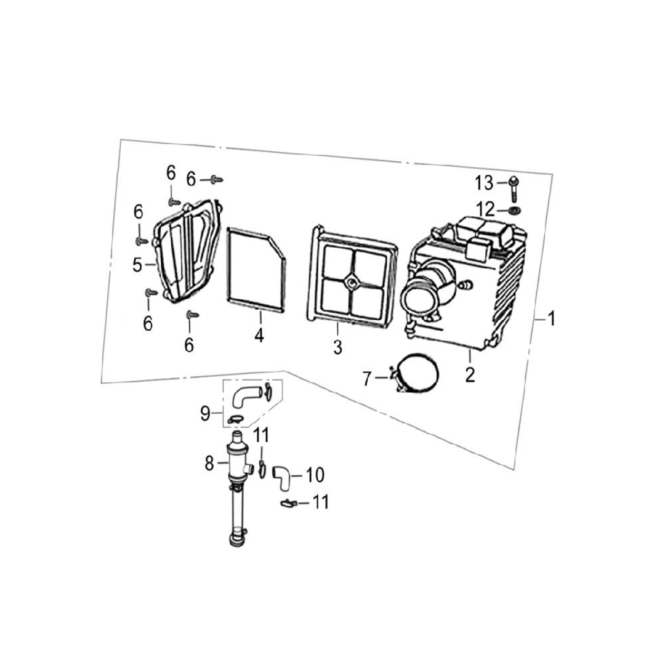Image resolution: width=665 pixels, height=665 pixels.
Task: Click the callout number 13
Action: point(484,183)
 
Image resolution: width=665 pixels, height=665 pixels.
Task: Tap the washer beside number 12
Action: point(515,210)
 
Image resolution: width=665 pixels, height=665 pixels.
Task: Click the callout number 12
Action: point(485,209)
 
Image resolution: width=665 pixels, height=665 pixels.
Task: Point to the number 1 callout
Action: point(551,318)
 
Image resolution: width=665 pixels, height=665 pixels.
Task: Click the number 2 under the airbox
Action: point(470,375)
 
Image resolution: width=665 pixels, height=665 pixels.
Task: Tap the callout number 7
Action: point(367,379)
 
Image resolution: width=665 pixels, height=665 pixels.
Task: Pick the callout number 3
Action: point(337,347)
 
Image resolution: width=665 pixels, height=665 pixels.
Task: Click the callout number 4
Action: point(259,336)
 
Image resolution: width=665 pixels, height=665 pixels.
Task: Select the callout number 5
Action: point(137,265)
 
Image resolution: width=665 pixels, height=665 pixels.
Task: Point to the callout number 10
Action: point(315,475)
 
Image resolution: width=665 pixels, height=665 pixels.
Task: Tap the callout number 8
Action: point(209,464)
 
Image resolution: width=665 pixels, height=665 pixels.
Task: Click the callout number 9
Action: point(205,414)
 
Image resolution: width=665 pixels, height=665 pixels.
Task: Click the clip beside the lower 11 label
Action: point(288,503)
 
